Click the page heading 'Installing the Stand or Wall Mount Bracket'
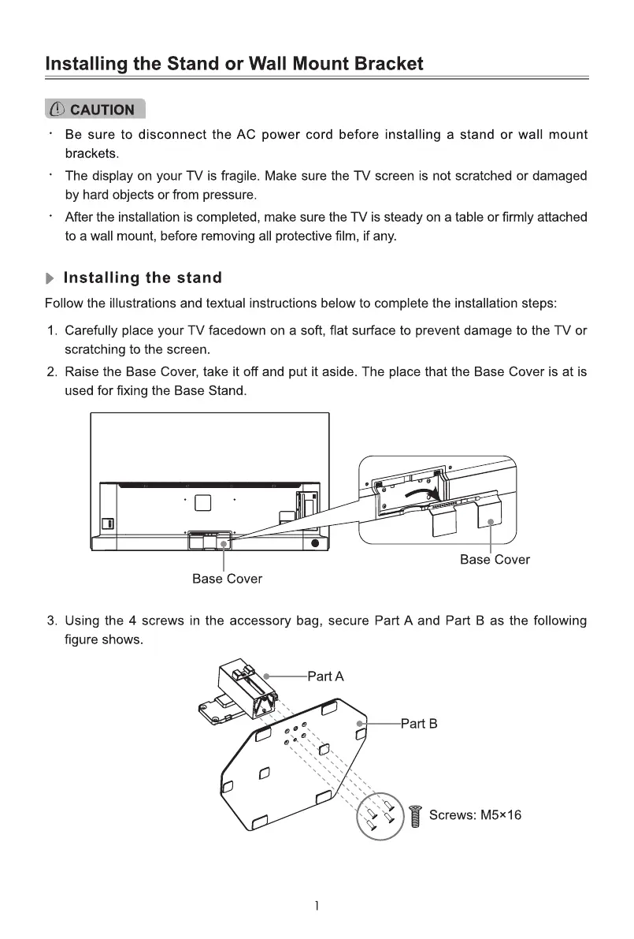tap(234, 64)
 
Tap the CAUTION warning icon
tap(57, 110)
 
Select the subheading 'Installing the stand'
tap(142, 278)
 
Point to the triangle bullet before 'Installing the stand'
tap(50, 278)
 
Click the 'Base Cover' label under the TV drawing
tap(227, 579)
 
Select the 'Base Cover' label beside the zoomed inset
tap(495, 560)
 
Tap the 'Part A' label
tap(325, 676)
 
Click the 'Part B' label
tap(418, 723)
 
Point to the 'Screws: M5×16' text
tap(475, 814)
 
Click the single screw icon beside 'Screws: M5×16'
tap(417, 814)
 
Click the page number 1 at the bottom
tap(317, 906)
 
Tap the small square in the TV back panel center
tap(202, 501)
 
